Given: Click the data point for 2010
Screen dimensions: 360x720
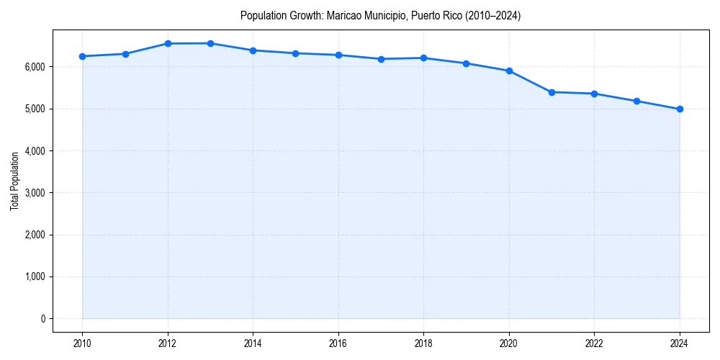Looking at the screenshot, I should (82, 56).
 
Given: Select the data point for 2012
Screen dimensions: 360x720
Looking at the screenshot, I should (168, 43).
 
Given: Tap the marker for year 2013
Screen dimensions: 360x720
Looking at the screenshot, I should (210, 43).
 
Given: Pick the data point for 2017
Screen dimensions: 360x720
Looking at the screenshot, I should (381, 59).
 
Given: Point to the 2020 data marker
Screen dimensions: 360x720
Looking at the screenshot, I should (509, 71).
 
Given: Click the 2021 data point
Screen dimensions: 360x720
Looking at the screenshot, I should (552, 92).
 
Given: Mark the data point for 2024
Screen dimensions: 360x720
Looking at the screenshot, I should (680, 109).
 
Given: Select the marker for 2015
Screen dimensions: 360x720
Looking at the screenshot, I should (296, 53).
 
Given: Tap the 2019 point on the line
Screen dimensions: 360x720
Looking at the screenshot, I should (467, 63).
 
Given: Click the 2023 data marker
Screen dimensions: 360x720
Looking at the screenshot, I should (637, 101).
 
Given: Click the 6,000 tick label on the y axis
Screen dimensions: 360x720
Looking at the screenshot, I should (34, 67).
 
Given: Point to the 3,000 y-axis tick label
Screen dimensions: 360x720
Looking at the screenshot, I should (34, 193).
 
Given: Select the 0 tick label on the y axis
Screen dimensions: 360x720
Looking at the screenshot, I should (42, 319).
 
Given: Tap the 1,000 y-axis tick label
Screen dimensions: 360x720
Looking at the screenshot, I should (34, 277).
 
